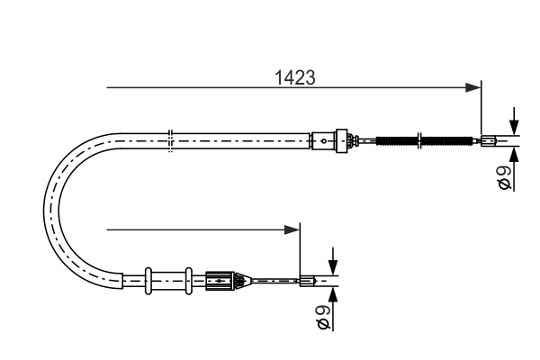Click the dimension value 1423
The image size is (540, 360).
294,77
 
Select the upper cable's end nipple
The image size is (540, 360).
488,139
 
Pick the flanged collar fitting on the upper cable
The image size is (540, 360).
341,139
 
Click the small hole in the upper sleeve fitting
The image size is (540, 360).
322,139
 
